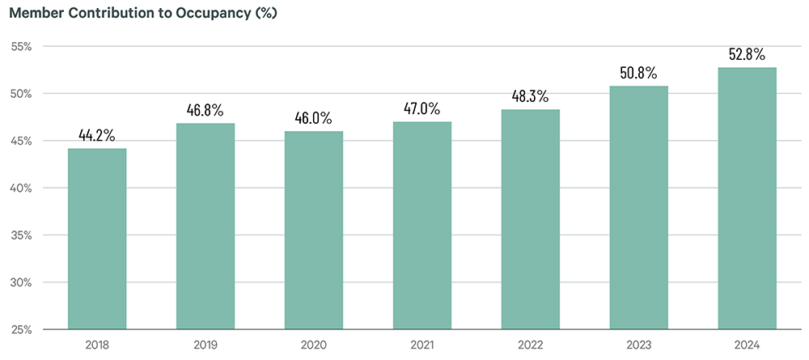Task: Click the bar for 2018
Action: [x=97, y=239]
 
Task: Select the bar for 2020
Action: [x=314, y=231]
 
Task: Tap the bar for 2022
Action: [x=530, y=220]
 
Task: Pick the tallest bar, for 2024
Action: [x=747, y=198]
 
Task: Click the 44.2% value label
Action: [x=97, y=135]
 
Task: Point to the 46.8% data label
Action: [x=205, y=110]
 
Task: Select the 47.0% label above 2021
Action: [x=422, y=108]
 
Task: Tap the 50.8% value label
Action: [x=638, y=73]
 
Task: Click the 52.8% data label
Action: [x=747, y=54]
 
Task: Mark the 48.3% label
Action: [x=530, y=96]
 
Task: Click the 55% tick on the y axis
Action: [x=22, y=46]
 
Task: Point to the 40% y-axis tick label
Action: [x=22, y=188]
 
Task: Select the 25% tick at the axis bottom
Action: [x=22, y=329]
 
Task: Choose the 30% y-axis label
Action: [x=22, y=282]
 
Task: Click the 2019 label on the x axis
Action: [x=205, y=345]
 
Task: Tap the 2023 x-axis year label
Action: [x=638, y=345]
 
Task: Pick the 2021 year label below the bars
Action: [x=422, y=345]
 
